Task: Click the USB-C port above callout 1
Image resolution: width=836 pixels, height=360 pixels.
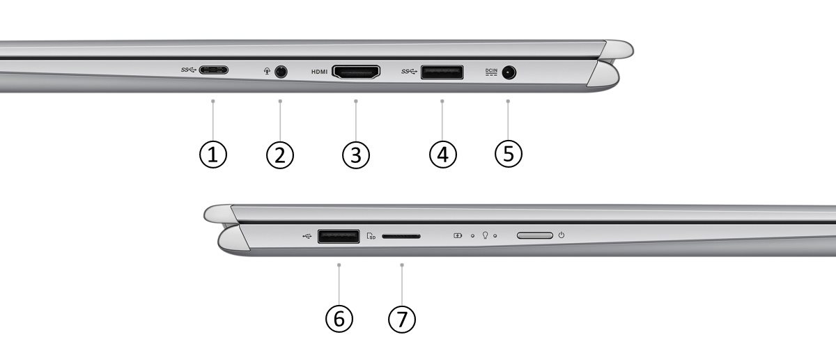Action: [213, 70]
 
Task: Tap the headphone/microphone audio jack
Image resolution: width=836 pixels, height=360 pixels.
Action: [281, 71]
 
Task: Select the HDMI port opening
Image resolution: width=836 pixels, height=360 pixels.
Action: [356, 72]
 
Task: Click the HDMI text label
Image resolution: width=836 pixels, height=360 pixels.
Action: [320, 72]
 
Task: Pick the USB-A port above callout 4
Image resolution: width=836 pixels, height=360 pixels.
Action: [442, 72]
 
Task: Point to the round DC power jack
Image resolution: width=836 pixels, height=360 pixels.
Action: [509, 72]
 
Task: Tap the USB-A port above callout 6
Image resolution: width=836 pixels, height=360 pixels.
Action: [339, 237]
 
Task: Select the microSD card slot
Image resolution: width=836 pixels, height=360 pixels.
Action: [401, 236]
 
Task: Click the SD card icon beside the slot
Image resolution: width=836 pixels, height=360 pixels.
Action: [371, 236]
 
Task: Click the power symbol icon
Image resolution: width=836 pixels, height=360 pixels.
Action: [562, 235]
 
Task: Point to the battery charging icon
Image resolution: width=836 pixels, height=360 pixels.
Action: [458, 235]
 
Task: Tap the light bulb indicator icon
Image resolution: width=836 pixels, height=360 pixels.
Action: [485, 235]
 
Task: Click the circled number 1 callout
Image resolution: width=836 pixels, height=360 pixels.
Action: [213, 155]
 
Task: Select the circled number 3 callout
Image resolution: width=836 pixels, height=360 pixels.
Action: [356, 155]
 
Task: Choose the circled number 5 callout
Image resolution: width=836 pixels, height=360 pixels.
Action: [509, 154]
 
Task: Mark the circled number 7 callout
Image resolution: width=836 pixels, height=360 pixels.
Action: [402, 319]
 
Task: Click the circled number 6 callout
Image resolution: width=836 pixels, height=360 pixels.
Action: [339, 319]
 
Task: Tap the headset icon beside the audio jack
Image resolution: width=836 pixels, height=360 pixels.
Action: [267, 71]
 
